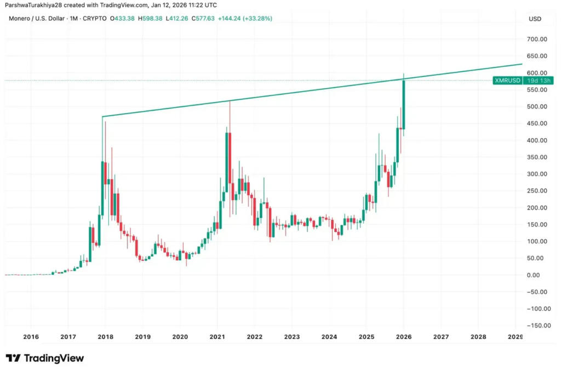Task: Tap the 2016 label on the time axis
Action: pyautogui.click(x=31, y=337)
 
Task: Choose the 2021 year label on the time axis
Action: pyautogui.click(x=217, y=337)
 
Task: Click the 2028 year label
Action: pyautogui.click(x=478, y=337)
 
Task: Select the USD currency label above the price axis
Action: pyautogui.click(x=535, y=19)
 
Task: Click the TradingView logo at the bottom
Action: pyautogui.click(x=45, y=358)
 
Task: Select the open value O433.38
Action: pyautogui.click(x=123, y=19)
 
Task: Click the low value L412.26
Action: pyautogui.click(x=180, y=19)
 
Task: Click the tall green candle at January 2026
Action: pyautogui.click(x=403, y=104)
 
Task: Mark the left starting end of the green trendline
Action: pyautogui.click(x=102, y=116)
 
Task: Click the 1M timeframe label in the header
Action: pyautogui.click(x=72, y=19)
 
